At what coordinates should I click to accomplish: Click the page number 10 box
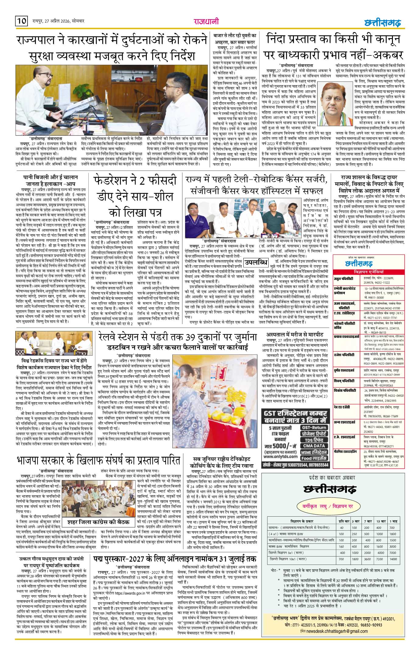[21, 21]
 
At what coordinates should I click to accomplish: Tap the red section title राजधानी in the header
[206, 21]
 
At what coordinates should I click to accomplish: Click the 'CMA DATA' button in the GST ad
[314, 446]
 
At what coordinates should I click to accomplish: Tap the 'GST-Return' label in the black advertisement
[314, 427]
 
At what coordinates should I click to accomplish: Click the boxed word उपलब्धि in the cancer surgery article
[256, 262]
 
